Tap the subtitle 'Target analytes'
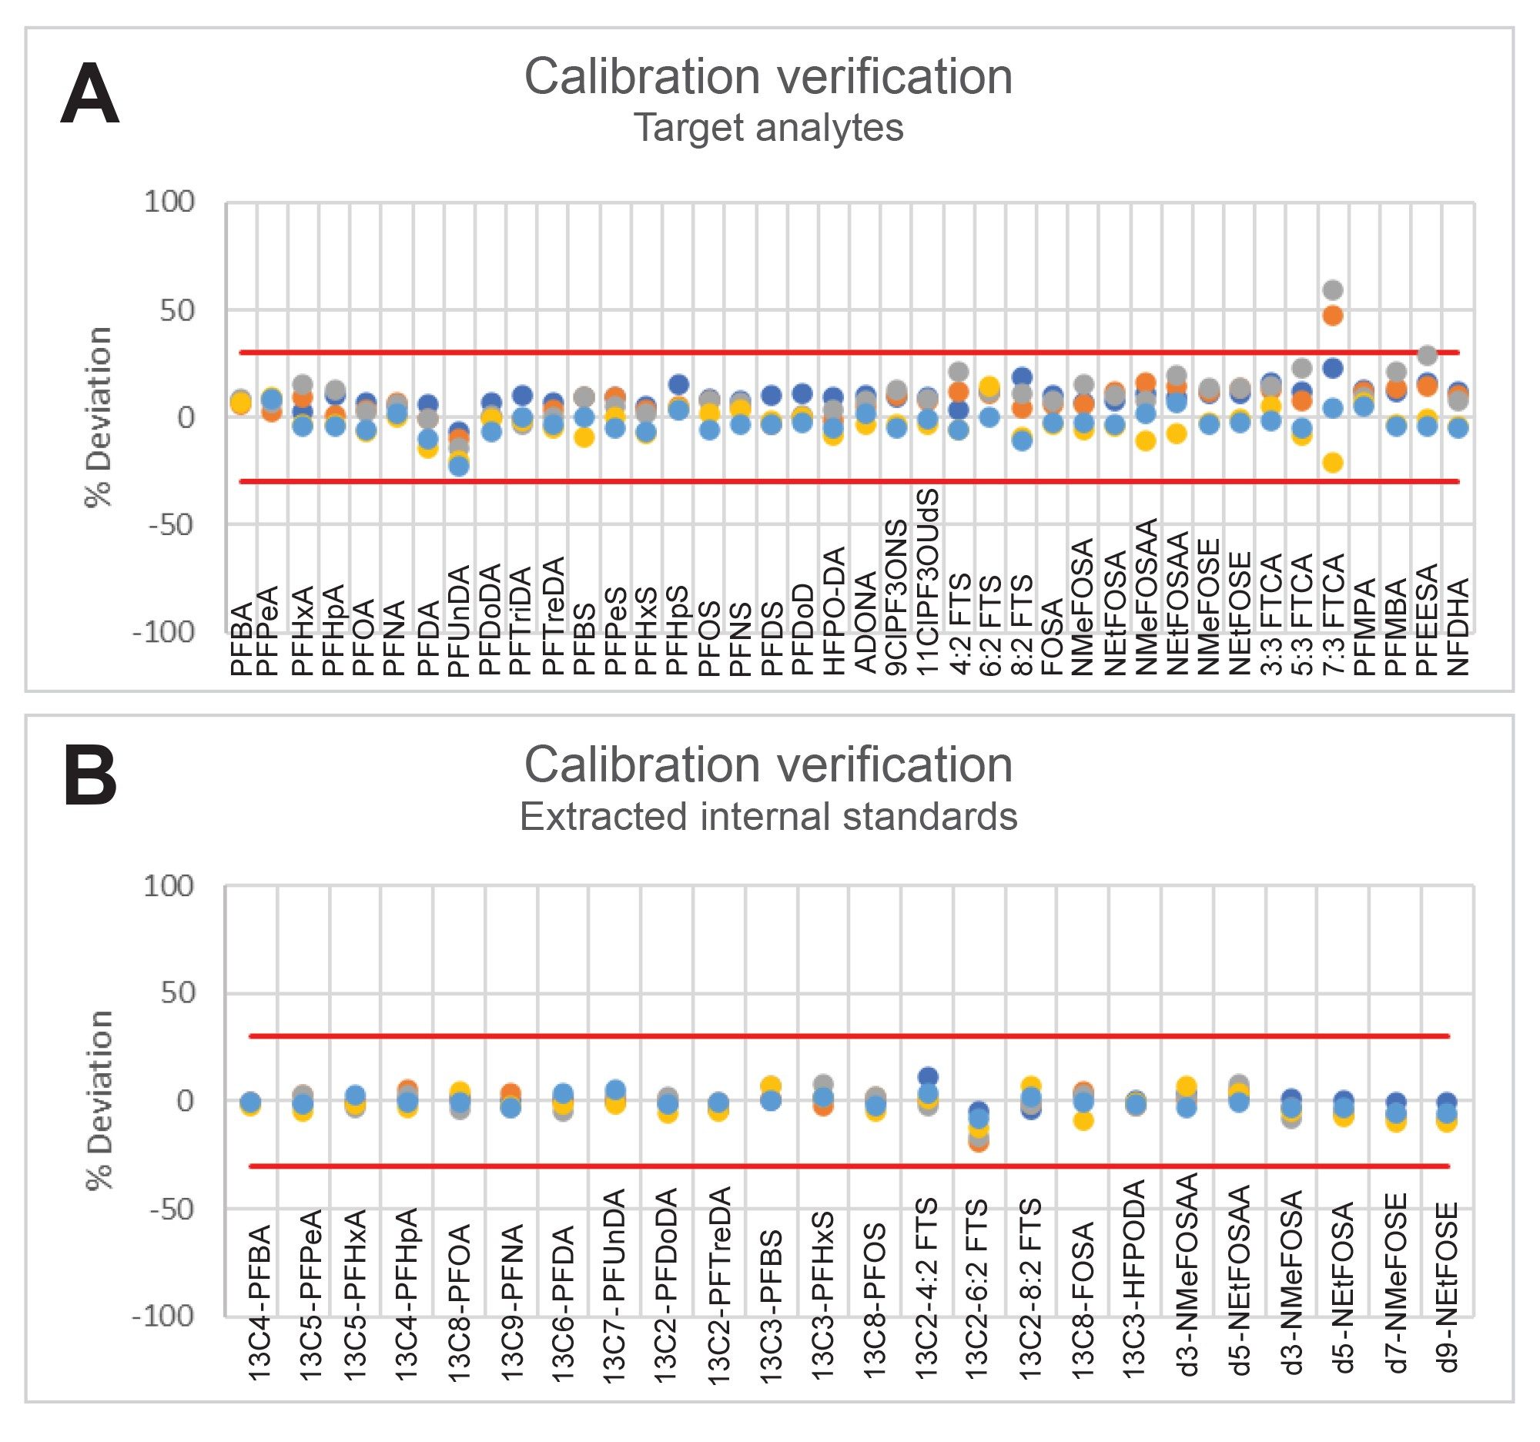coord(768,128)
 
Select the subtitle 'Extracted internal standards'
coord(768,816)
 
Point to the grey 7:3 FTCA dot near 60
coord(1332,290)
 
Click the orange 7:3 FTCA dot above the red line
coord(1332,315)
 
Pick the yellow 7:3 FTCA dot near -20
coord(1332,463)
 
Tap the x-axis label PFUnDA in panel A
coord(460,621)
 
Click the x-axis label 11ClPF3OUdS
coord(928,580)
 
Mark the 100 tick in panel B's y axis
coord(168,886)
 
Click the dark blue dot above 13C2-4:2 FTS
coord(927,1077)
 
